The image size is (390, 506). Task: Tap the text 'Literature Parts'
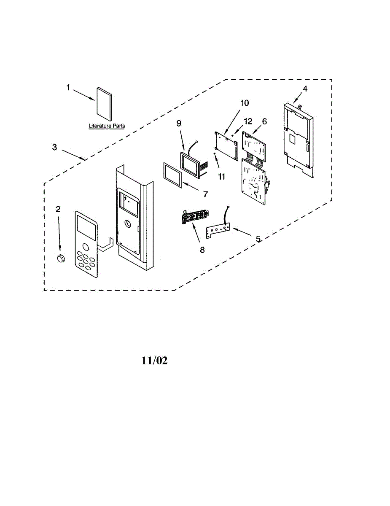[x=107, y=126]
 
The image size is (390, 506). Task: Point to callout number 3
[x=54, y=147]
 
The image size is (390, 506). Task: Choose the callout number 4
[x=305, y=89]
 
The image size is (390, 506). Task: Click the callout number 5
[x=258, y=239]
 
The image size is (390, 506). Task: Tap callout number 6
[x=264, y=121]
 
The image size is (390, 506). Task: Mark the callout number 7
[x=205, y=194]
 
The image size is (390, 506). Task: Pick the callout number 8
[x=202, y=250]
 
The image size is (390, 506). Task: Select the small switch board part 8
[x=194, y=218]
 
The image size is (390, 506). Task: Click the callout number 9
[x=179, y=123]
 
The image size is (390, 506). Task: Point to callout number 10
[x=245, y=103]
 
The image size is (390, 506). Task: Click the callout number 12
[x=248, y=121]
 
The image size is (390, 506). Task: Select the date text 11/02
[x=154, y=361]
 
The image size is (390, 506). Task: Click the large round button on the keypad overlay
[x=86, y=247]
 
